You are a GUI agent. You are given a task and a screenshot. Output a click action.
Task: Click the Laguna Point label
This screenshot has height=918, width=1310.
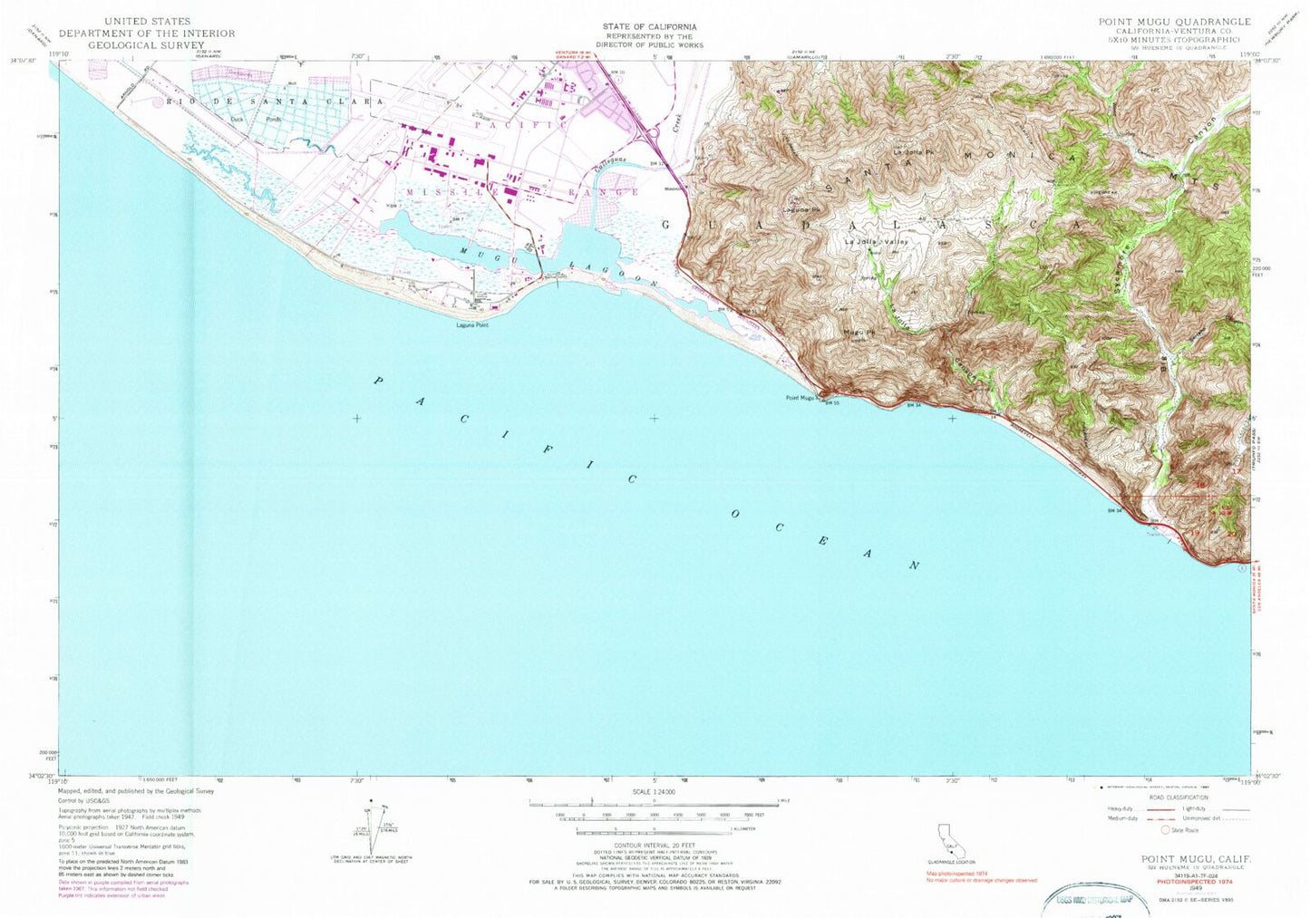click(472, 324)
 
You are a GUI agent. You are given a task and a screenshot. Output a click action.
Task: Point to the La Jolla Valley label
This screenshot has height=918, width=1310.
click(876, 242)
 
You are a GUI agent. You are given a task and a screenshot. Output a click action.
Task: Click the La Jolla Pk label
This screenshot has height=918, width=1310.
click(913, 151)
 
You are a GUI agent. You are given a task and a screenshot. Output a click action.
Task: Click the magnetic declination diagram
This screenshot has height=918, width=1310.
click(376, 832)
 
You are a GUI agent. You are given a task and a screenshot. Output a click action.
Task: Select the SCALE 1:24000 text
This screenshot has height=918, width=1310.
click(653, 792)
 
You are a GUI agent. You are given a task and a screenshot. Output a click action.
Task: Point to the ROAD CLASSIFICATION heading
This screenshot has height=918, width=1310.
click(1179, 797)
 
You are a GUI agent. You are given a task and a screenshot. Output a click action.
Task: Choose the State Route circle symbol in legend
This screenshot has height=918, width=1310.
click(1166, 829)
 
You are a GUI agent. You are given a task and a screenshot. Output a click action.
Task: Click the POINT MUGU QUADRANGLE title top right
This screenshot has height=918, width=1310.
click(1174, 21)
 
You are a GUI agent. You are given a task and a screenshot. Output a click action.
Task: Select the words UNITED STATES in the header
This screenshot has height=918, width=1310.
click(147, 20)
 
